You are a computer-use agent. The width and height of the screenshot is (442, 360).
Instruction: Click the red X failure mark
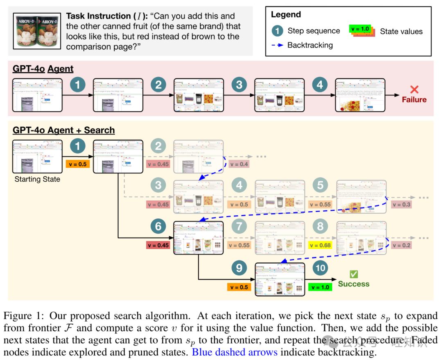pyautogui.click(x=414, y=89)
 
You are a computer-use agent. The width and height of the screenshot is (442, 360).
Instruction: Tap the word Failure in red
pyautogui.click(x=414, y=100)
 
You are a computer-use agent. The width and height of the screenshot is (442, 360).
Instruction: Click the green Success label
pyautogui.click(x=353, y=284)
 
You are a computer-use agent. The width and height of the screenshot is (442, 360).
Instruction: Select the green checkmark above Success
pyautogui.click(x=354, y=274)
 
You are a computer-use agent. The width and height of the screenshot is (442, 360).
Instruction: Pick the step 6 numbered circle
pyautogui.click(x=158, y=226)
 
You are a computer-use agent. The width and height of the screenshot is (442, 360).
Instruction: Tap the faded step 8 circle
pyautogui.click(x=320, y=226)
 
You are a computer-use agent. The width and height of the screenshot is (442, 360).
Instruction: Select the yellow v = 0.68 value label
pyautogui.click(x=320, y=245)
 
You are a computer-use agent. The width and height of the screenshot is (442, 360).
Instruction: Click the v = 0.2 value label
pyautogui.click(x=401, y=245)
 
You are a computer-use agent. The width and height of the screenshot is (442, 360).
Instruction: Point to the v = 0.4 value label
pyautogui.click(x=239, y=164)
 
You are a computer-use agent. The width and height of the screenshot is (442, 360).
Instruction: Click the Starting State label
pyautogui.click(x=37, y=179)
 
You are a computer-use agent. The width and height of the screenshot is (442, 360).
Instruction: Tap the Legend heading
pyautogui.click(x=285, y=15)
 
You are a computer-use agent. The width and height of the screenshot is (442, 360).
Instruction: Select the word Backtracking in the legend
pyautogui.click(x=310, y=45)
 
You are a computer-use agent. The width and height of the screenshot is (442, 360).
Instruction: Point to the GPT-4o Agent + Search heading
pyautogui.click(x=64, y=130)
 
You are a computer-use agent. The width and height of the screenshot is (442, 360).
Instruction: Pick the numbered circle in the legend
pyautogui.click(x=277, y=31)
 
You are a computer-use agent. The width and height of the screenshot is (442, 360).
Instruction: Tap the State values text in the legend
pyautogui.click(x=401, y=32)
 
